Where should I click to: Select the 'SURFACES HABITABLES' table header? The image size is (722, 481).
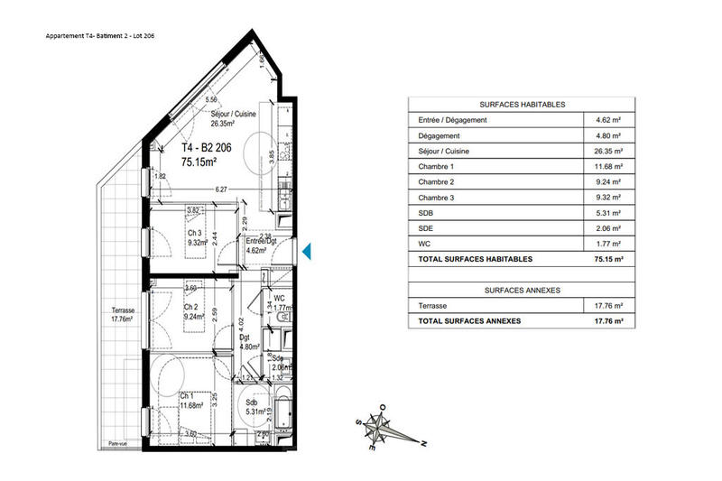(x=523, y=105)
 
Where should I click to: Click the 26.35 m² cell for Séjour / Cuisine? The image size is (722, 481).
(x=609, y=151)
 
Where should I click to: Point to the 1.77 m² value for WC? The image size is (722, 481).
(x=609, y=243)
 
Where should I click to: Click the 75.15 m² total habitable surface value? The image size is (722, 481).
(x=609, y=259)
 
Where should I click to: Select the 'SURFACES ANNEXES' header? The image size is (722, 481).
(x=523, y=290)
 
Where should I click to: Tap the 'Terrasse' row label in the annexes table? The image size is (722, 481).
(x=432, y=306)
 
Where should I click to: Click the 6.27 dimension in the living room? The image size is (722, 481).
(x=220, y=190)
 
